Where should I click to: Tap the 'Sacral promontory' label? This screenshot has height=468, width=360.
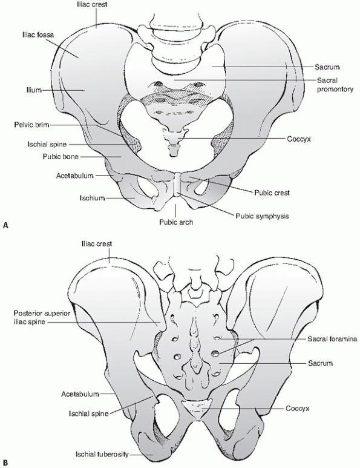coord(335,85)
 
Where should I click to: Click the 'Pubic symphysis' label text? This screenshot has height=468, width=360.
coord(262,216)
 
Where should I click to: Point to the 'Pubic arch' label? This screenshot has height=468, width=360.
coord(176,222)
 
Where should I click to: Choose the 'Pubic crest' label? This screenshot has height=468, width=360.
coord(272,193)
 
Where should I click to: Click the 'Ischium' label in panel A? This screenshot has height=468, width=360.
coord(92,198)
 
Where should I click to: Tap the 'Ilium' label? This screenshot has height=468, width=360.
coord(33,90)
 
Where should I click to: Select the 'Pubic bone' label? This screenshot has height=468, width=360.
coord(61,156)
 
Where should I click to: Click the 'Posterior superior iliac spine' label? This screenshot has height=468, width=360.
coord(42,317)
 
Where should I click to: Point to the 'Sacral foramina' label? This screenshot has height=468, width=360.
coord(332,339)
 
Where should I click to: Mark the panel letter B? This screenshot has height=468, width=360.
coord(5,463)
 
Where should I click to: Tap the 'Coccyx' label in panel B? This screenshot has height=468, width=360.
coord(297,408)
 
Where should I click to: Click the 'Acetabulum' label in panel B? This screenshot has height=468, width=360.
coord(80,394)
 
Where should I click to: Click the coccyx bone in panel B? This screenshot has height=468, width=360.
coord(197,409)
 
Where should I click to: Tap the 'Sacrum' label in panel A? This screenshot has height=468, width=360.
coord(327,67)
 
